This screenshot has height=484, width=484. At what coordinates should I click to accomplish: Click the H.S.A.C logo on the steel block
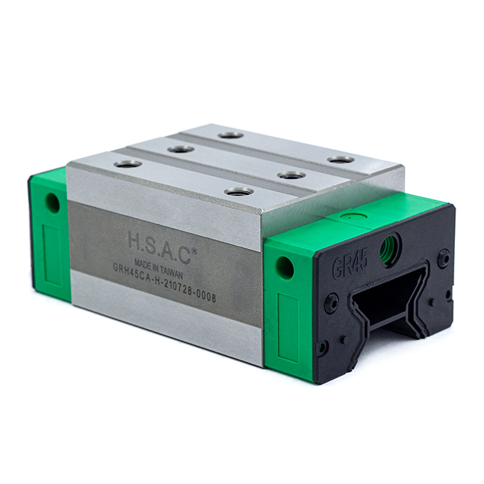coord(160,241)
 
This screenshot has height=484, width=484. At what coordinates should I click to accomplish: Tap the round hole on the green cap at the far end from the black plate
coord(53,203)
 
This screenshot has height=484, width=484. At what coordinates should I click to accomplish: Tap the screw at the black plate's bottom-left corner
coord(322,346)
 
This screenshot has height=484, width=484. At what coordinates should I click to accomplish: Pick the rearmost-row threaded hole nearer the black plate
coord(340,160)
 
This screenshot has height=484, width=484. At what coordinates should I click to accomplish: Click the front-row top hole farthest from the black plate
coord(128,164)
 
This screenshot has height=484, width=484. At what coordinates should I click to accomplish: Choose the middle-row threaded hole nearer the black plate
coord(291,175)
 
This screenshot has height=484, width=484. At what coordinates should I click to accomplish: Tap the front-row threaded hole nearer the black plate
coord(239,191)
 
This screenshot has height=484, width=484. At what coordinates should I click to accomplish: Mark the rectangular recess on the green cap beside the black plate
coord(287,328)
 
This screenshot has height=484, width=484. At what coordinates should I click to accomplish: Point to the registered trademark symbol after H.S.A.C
coord(194,232)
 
